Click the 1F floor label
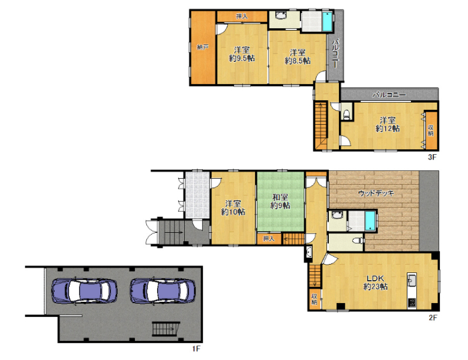(196, 349)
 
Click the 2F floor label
(433, 317)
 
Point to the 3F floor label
(432, 157)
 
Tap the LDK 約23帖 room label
(376, 283)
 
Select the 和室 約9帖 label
(280, 201)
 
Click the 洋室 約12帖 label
(388, 124)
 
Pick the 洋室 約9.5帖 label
(242, 54)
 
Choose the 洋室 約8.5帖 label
(298, 57)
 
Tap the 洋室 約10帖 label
(233, 208)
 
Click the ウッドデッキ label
(376, 193)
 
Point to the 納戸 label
(202, 47)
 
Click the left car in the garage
(84, 292)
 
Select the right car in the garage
(163, 292)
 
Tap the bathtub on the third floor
(328, 21)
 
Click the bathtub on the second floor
(370, 221)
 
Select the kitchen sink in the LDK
(412, 280)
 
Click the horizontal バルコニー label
(389, 95)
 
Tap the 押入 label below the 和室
(269, 239)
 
